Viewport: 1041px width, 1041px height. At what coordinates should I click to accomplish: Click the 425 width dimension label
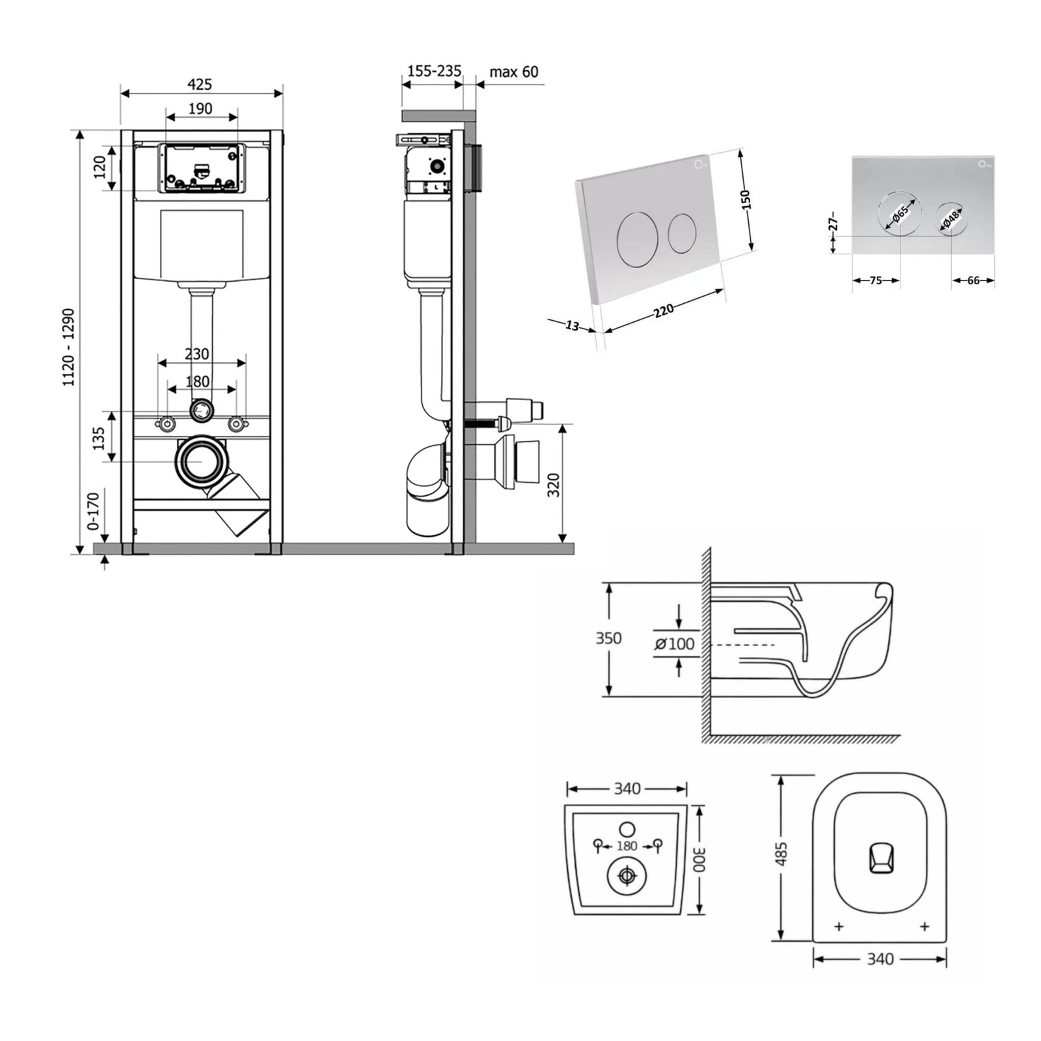click(x=200, y=84)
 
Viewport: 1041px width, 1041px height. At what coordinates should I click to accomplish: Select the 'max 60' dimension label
click(x=514, y=72)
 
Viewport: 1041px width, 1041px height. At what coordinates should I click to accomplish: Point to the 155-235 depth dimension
click(x=434, y=71)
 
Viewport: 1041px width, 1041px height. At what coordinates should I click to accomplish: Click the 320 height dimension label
click(x=554, y=485)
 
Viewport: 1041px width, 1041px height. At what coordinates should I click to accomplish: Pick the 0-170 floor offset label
click(x=93, y=512)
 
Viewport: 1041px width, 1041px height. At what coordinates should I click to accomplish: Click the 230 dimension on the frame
click(x=197, y=354)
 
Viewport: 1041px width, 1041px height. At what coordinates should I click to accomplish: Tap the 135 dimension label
click(x=99, y=438)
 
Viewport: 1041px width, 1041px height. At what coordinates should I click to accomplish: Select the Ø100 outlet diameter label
click(x=675, y=644)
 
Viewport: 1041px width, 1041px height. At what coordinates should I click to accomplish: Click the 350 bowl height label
click(x=608, y=638)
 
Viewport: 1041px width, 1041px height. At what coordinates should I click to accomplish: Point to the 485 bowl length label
click(x=782, y=854)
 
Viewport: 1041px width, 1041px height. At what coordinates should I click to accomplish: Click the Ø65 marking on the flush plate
click(x=900, y=213)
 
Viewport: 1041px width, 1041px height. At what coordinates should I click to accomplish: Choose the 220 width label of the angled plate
click(x=663, y=310)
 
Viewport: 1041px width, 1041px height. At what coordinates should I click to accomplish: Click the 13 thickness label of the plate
click(x=572, y=325)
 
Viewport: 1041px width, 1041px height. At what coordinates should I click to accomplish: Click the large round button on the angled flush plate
click(x=637, y=240)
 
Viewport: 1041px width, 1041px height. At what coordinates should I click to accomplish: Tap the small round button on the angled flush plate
click(x=683, y=232)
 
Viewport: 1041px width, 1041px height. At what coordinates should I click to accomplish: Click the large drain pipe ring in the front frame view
click(x=200, y=461)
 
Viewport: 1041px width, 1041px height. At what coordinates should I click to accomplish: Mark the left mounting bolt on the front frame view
click(x=168, y=424)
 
